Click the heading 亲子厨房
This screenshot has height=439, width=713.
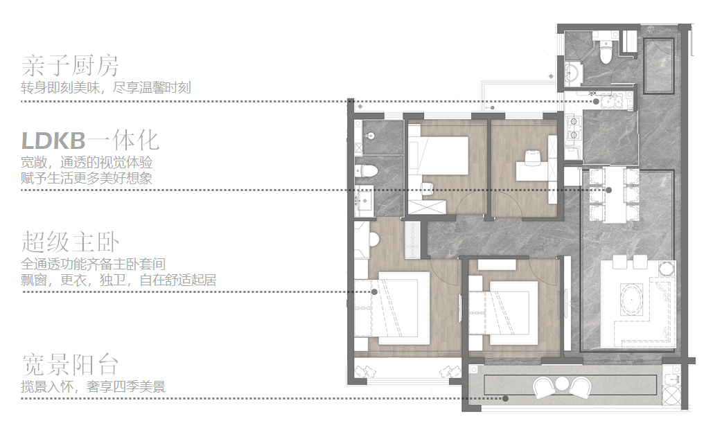pos(71,66)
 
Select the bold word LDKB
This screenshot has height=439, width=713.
pos(53,141)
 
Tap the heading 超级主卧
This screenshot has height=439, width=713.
pos(71,242)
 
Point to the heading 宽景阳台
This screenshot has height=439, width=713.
pos(71,365)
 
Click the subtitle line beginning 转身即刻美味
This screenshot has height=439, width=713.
pos(106,87)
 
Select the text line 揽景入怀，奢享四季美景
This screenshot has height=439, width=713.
pos(94,387)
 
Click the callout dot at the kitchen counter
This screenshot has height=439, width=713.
pos(596,102)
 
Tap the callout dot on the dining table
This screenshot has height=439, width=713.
pos(608,190)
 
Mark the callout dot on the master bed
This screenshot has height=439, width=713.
pos(374,292)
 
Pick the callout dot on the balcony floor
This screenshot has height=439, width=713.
pos(506,399)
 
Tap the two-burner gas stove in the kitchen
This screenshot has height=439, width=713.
pos(573,128)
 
